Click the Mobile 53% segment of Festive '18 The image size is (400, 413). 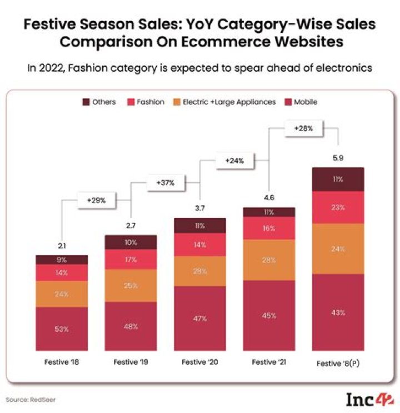point(62,329)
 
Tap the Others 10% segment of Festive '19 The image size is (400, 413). point(131,242)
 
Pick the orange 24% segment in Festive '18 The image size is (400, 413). point(62,294)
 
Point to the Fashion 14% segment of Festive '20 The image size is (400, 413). point(200,245)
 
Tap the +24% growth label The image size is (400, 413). point(235,160)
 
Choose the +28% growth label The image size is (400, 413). point(303,128)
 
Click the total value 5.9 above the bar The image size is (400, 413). point(338,158)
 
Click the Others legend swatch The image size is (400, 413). point(87,102)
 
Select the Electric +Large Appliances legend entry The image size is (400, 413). point(229,102)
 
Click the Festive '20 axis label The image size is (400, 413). point(200,362)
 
